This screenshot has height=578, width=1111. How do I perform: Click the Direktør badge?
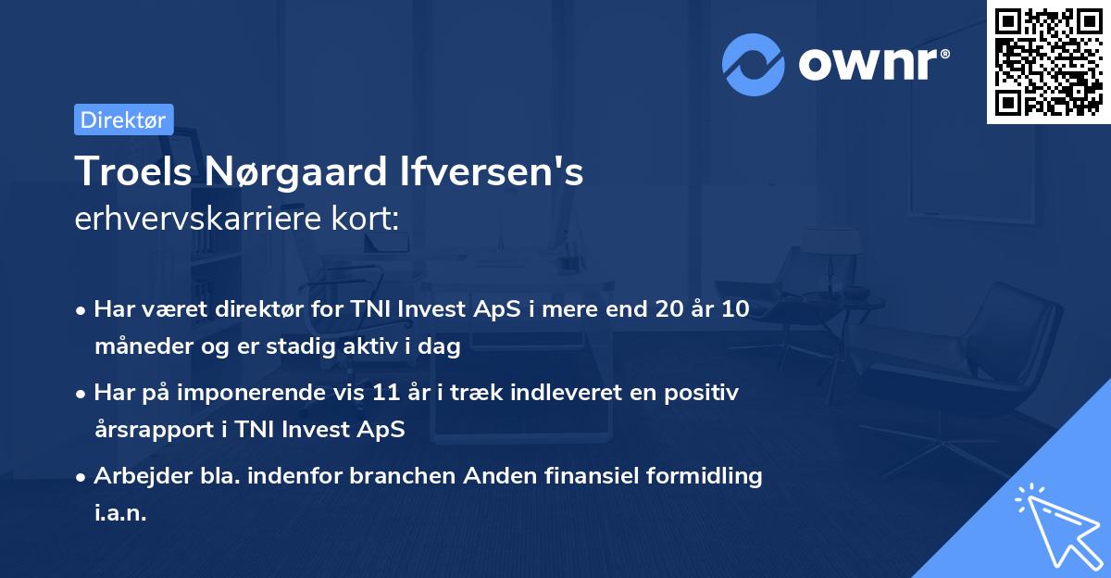click(x=123, y=119)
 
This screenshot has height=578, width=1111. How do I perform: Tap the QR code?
click(x=1048, y=62)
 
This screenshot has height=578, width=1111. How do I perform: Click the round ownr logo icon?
click(x=754, y=65)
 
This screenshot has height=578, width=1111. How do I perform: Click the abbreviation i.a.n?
click(x=120, y=514)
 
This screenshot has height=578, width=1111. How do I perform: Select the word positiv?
click(x=705, y=393)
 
